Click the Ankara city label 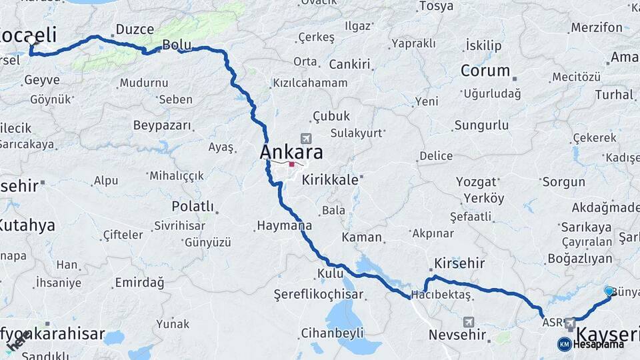pos(291,152)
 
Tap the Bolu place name pos(177,45)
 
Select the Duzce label pos(135,29)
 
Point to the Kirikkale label pos(331,180)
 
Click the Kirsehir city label pos(459,263)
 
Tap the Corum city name pos(485,71)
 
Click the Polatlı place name pos(193,206)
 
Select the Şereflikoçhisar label pos(319,294)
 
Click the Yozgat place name pos(476,181)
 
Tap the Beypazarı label pos(162,125)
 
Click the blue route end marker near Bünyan pos(609,291)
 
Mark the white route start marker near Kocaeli pos(31,41)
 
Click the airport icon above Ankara pos(306,139)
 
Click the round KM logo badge pos(564,344)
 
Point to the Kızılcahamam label pos(310,83)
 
